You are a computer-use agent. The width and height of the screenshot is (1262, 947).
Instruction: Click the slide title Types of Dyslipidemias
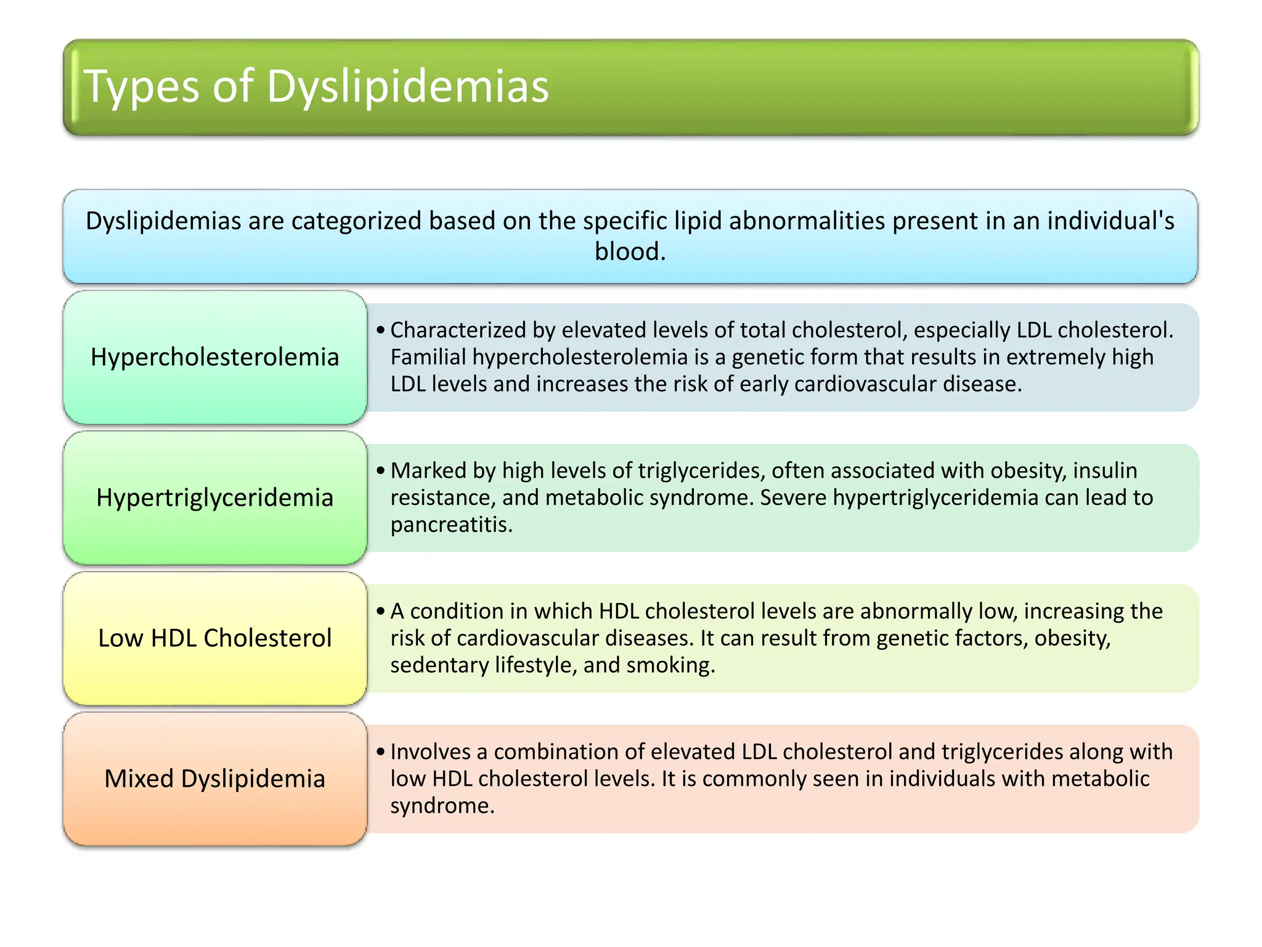[315, 86]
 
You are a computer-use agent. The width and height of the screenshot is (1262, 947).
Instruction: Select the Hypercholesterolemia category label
[214, 357]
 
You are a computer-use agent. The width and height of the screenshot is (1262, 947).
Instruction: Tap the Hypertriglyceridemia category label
[214, 498]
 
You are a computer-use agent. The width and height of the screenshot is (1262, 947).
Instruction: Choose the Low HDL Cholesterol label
[214, 638]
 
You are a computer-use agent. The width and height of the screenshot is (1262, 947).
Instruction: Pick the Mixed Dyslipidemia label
[214, 779]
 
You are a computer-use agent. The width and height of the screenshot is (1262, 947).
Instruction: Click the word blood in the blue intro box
[629, 252]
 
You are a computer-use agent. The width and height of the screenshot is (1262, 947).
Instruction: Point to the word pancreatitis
[450, 525]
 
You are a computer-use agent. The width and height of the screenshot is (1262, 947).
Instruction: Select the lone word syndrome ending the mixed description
[441, 806]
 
